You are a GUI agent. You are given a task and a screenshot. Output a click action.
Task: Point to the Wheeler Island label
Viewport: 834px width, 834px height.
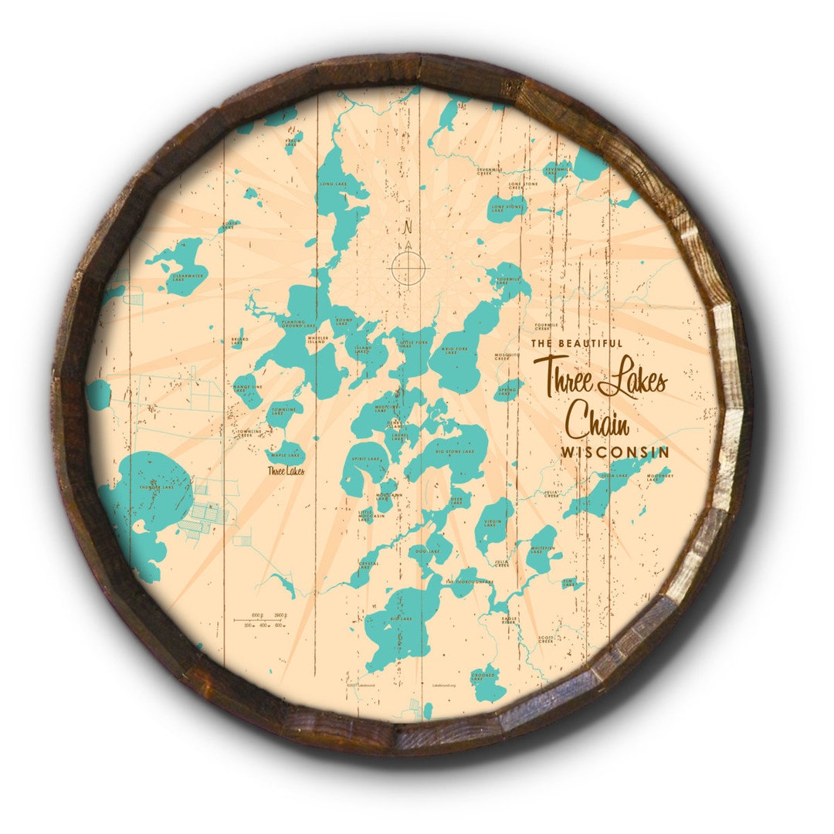tap(318, 339)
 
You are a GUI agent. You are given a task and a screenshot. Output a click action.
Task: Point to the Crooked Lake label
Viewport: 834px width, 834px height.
tap(483, 677)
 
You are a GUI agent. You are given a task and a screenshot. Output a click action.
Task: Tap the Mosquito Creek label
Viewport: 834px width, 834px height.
tap(503, 357)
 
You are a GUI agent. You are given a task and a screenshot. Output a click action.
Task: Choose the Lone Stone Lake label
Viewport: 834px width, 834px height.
tap(507, 207)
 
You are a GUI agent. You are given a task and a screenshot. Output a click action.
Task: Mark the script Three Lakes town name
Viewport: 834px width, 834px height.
tap(286, 471)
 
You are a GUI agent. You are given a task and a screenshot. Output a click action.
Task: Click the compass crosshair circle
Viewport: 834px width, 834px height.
tap(409, 267)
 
